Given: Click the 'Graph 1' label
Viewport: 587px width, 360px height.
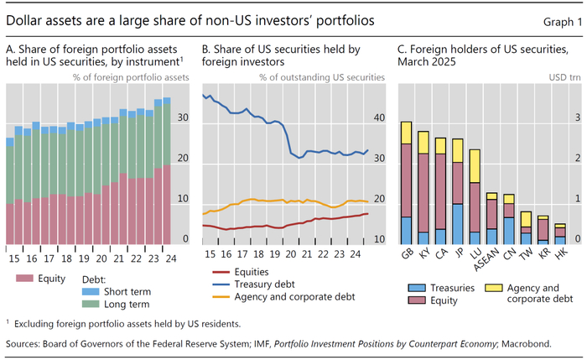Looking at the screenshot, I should tap(558, 18).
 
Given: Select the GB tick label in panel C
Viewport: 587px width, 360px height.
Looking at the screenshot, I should tap(406, 253).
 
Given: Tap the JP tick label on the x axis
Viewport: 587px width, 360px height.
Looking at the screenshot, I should tap(457, 253).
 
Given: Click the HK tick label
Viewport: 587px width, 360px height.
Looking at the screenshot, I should tap(560, 253).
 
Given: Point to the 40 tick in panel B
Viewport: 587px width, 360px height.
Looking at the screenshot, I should tap(378, 118).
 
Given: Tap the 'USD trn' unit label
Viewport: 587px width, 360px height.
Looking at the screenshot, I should tap(567, 79).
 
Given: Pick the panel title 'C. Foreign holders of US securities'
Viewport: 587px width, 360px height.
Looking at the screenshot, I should tap(478, 49).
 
